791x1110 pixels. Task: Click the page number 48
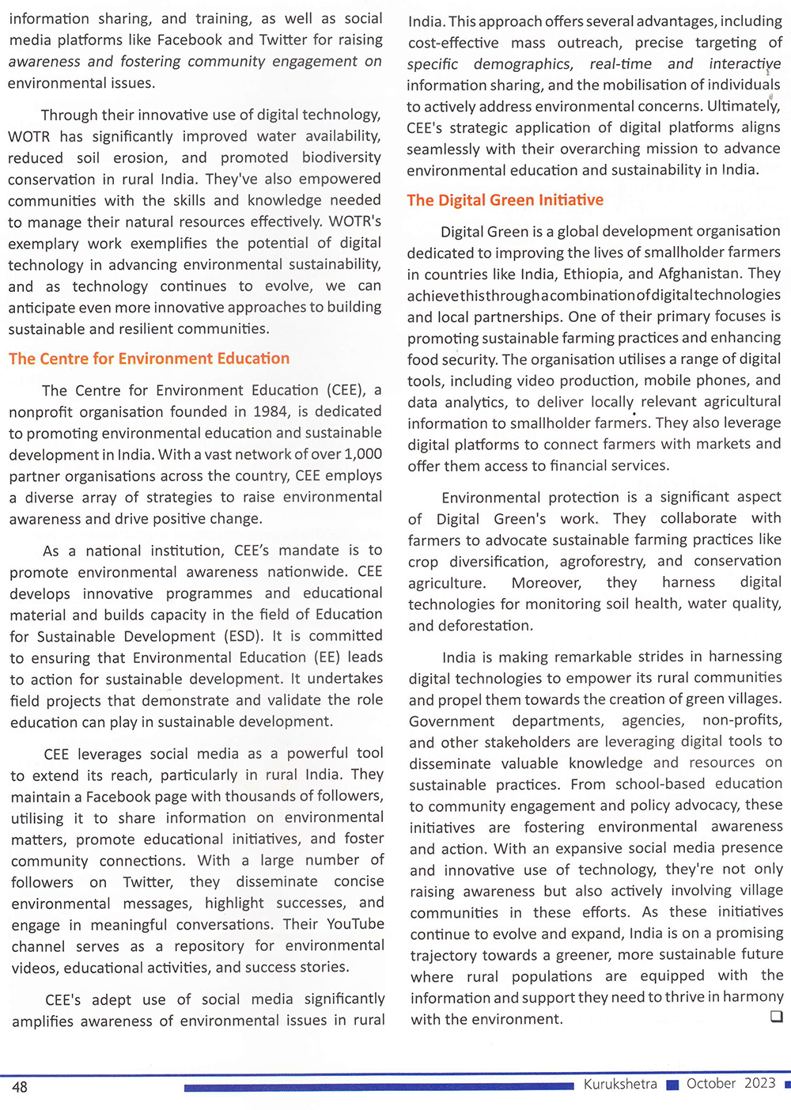(20, 1087)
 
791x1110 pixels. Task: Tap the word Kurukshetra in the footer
(620, 1084)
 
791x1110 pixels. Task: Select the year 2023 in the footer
(759, 1083)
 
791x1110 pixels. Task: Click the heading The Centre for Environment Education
(149, 358)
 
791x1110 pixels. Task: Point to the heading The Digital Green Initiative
(505, 200)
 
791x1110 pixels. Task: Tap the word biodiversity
(340, 157)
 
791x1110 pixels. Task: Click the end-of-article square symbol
(776, 1016)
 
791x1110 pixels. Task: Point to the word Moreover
(546, 582)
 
